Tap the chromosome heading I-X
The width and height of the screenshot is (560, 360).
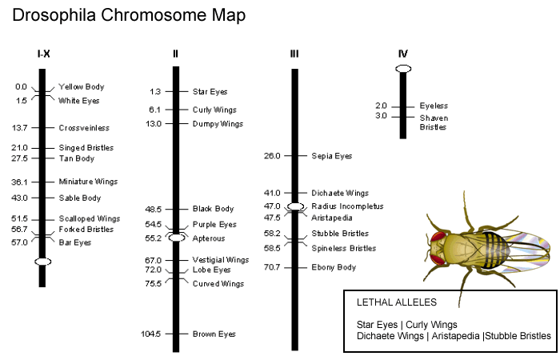tap(44, 54)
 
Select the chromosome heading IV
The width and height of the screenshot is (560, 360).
tap(402, 54)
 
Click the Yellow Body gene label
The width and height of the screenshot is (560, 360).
tap(81, 86)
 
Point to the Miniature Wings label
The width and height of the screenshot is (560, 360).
tap(88, 182)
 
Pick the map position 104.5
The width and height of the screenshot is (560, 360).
tap(151, 334)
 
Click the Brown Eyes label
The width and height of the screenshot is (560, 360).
tap(214, 334)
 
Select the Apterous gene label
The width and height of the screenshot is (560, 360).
tap(209, 238)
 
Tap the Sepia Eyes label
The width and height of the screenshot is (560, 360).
tap(331, 156)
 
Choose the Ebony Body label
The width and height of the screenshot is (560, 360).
tap(334, 267)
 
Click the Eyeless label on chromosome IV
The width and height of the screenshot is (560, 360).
tap(434, 106)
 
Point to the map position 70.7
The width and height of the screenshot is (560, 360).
tap(272, 267)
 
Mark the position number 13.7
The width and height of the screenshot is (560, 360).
tap(20, 127)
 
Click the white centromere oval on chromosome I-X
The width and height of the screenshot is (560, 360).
tap(43, 262)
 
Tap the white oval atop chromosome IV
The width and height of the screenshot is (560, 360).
tap(403, 69)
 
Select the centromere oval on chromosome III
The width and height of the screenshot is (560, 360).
tap(295, 206)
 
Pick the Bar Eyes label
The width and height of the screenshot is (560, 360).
tap(75, 242)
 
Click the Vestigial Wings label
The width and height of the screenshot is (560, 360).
tap(221, 260)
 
